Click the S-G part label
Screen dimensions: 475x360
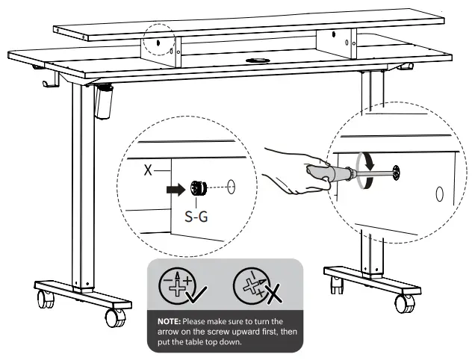[x=196, y=217]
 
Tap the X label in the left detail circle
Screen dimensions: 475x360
[x=148, y=170]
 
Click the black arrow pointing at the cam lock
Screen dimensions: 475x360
[x=176, y=190]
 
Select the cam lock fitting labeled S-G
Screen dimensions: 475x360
[x=199, y=188]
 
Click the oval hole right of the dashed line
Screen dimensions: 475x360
[x=231, y=187]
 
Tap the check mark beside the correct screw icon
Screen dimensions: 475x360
[x=197, y=294]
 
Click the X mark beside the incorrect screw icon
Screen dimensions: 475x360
[x=274, y=295]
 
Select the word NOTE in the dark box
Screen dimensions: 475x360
[x=169, y=321]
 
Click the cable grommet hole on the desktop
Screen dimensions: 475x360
[x=258, y=60]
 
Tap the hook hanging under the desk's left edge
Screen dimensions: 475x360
[x=50, y=81]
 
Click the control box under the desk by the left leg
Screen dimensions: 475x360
[x=103, y=102]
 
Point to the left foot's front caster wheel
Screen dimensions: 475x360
[x=116, y=317]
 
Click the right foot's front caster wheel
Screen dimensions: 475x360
[x=405, y=303]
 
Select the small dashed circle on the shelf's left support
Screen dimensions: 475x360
[x=159, y=40]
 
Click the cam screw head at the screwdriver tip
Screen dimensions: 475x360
[x=396, y=173]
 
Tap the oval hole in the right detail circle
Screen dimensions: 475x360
[x=440, y=194]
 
